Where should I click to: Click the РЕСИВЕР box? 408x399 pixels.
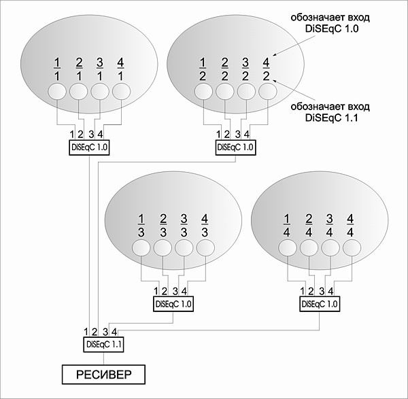pos(103,375)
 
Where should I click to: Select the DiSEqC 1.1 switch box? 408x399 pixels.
pos(103,345)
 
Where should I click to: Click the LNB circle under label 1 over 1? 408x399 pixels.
pos(57,90)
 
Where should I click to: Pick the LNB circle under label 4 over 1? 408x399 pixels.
pos(120,90)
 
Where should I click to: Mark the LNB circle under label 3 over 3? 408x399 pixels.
pos(184,248)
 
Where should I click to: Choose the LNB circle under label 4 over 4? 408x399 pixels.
pos(351,248)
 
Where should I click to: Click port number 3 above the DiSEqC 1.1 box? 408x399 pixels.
pos(105,332)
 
